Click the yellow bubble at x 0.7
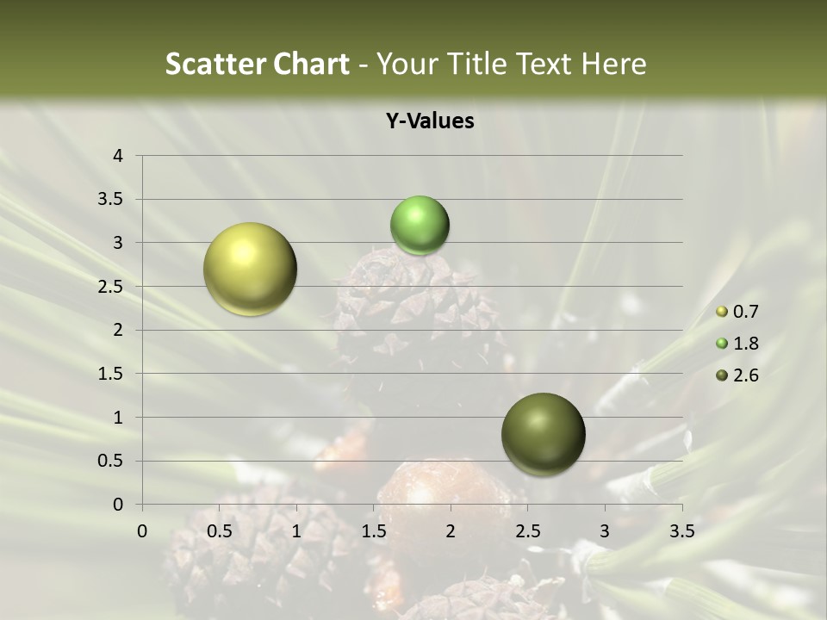[250, 269]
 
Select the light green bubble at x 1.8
[420, 226]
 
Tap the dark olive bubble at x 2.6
[543, 434]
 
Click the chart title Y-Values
[430, 121]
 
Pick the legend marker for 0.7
[722, 312]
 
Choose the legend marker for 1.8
[722, 344]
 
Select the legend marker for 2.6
[722, 375]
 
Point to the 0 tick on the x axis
[142, 531]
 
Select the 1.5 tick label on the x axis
[373, 531]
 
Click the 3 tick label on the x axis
[605, 531]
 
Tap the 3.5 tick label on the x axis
[681, 531]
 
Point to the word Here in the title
[613, 64]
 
